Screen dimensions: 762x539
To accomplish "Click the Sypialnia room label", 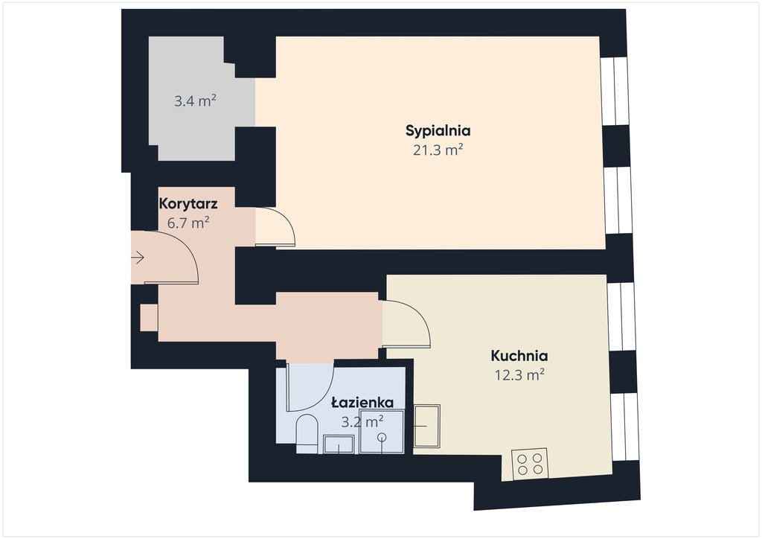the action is coord(438,131).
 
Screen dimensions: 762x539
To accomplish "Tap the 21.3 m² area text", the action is coord(438,150).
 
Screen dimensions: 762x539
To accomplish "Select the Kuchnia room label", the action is coord(519,356).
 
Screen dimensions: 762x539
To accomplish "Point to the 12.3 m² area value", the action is coord(519,374).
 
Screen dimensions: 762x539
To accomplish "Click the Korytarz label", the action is coord(188,204).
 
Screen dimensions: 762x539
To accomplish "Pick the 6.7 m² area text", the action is coord(188,223).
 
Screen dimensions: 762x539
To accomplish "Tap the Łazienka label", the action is coord(362,403).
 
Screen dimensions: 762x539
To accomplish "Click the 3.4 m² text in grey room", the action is coord(195,101).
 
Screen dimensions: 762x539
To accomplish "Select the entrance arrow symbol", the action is coord(138,257).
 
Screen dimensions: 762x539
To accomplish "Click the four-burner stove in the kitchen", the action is coord(530,464).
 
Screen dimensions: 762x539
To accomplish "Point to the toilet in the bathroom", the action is coord(307,433).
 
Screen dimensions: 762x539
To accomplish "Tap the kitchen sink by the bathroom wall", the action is coord(426,427).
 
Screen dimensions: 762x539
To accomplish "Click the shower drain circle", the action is coord(382,436).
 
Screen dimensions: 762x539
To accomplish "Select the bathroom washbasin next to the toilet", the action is coord(339,444).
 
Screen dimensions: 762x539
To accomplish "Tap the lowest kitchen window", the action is coord(624,427).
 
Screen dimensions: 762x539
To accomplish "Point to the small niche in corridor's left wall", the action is coord(149,318).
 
